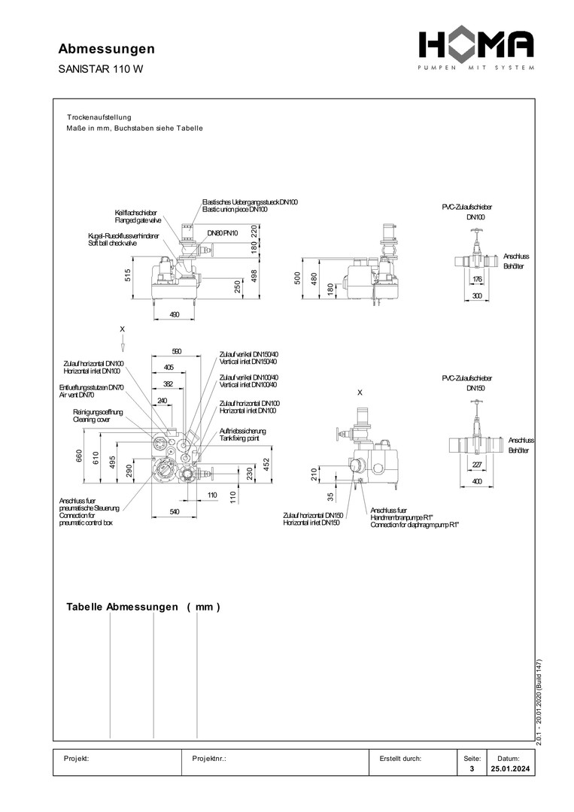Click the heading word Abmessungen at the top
click(107, 49)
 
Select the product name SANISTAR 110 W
click(100, 69)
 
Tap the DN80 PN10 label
click(223, 234)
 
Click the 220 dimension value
click(254, 231)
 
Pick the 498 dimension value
click(254, 276)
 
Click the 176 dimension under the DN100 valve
click(476, 280)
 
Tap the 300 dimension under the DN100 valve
click(476, 297)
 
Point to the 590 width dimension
click(177, 351)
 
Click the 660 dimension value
click(79, 456)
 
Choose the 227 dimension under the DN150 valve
click(476, 464)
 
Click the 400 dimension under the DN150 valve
click(476, 480)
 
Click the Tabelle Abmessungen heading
click(143, 607)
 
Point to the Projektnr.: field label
click(210, 759)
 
